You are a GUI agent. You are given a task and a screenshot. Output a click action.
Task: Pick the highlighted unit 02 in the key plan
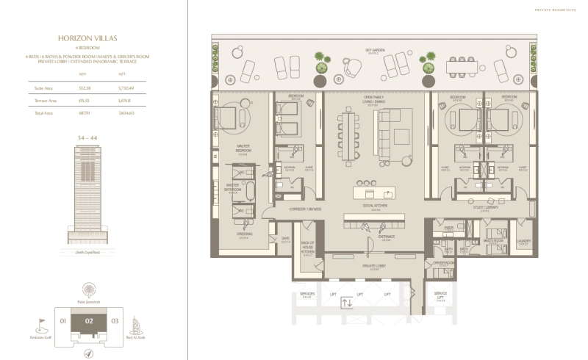pyautogui.click(x=89, y=320)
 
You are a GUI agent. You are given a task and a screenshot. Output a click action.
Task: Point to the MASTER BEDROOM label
pyautogui.click(x=242, y=153)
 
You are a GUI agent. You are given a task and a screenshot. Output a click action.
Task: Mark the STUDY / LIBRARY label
pyautogui.click(x=481, y=208)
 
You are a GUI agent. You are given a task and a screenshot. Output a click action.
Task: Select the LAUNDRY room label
pyautogui.click(x=523, y=241)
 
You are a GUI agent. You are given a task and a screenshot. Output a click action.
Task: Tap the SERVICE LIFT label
pyautogui.click(x=440, y=296)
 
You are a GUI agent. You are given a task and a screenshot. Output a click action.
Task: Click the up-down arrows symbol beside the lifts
pyautogui.click(x=348, y=303)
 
